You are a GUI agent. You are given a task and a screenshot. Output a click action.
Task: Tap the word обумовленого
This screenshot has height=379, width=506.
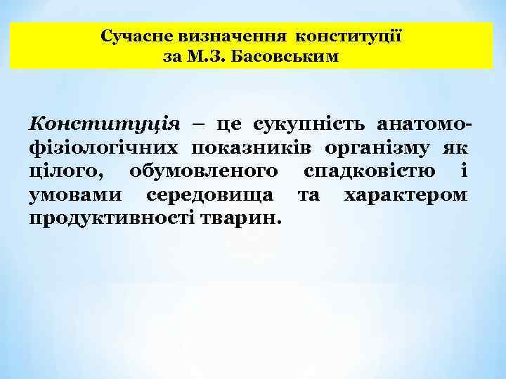point(204,171)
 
